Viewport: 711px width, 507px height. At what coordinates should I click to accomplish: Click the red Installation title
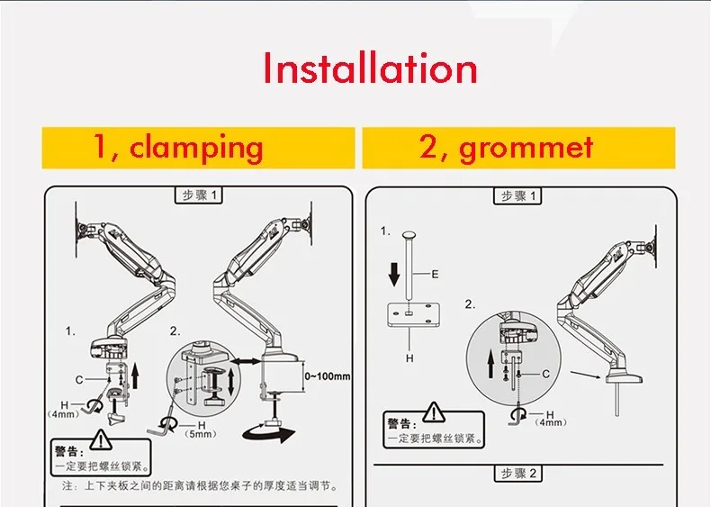(370, 69)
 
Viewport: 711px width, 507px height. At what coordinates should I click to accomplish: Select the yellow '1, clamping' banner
(178, 148)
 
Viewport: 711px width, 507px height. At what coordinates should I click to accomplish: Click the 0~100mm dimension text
(328, 376)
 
